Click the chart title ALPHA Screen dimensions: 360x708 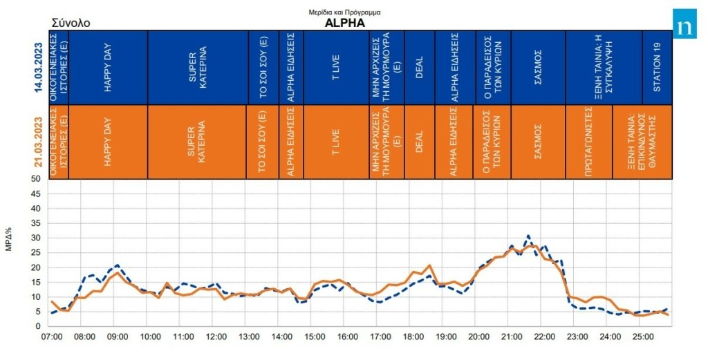344,22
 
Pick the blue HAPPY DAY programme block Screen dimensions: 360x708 108,67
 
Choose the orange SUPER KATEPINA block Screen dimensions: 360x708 197,142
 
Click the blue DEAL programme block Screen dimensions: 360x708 419,67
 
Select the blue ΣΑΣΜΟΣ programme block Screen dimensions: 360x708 538,67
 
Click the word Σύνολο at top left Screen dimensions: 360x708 71,23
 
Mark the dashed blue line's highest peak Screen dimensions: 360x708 528,236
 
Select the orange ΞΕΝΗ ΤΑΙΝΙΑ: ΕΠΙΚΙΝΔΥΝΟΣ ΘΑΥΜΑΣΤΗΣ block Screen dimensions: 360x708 641,142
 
